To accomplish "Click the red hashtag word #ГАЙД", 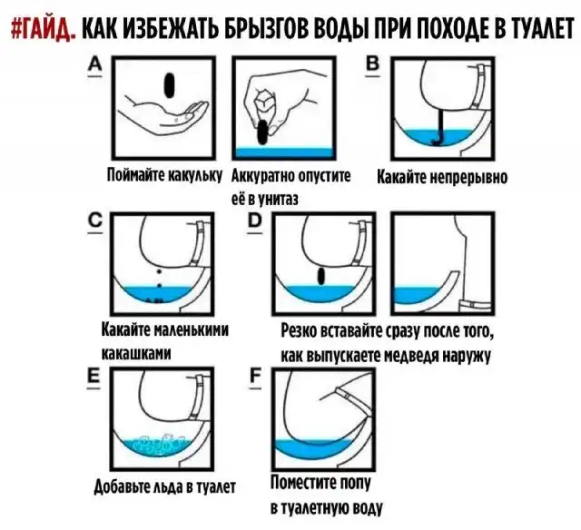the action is [x=44, y=28].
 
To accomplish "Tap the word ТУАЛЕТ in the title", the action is [x=535, y=28].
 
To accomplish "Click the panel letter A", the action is [x=95, y=65].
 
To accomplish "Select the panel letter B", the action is [x=373, y=64].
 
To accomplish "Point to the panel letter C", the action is [x=95, y=221].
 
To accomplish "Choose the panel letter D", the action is [x=255, y=221].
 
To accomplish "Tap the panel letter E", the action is [x=94, y=377].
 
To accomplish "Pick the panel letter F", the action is [x=255, y=377].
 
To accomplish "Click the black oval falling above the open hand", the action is [x=170, y=85].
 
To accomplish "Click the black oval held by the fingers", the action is [x=262, y=132].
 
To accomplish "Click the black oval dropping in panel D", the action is [x=321, y=276].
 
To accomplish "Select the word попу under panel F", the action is [x=355, y=484].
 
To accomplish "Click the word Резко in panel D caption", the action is [x=298, y=330].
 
